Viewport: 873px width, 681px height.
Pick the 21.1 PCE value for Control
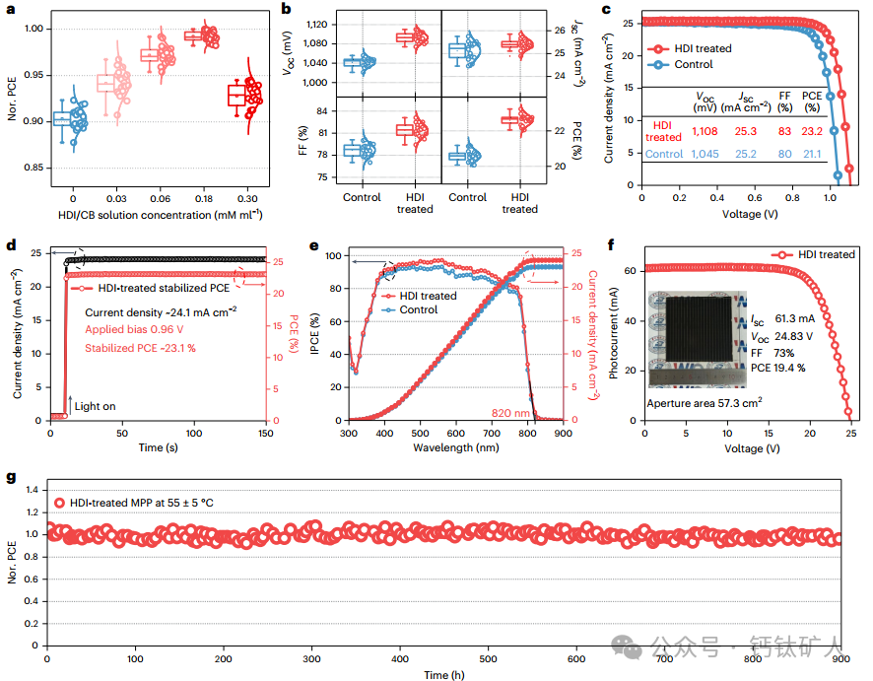click(812, 154)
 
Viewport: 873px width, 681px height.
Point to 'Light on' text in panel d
click(95, 405)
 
